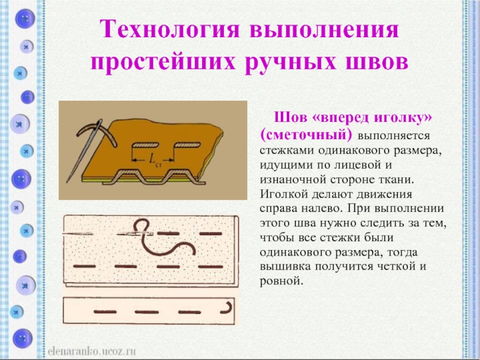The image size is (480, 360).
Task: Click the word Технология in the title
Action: pyautogui.click(x=170, y=29)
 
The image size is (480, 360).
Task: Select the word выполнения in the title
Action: pyautogui.click(x=325, y=30)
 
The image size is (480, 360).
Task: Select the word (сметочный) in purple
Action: pyautogui.click(x=306, y=134)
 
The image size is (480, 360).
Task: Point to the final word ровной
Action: pyautogui.click(x=281, y=281)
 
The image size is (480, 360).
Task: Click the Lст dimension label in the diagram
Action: pyautogui.click(x=154, y=160)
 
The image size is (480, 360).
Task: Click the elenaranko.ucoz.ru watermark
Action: pyautogui.click(x=92, y=351)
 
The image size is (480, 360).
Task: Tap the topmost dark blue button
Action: pyautogui.click(x=25, y=19)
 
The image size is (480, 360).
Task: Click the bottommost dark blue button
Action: pyautogui.click(x=22, y=339)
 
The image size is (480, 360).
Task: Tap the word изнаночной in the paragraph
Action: pyautogui.click(x=292, y=179)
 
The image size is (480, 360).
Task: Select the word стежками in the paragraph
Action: pyautogui.click(x=286, y=151)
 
